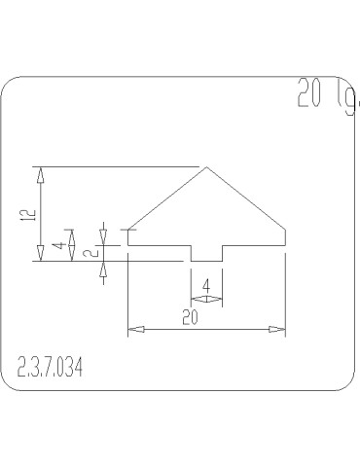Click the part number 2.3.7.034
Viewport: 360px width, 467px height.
pyautogui.click(x=51, y=367)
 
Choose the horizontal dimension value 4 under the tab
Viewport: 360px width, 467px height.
pyautogui.click(x=207, y=285)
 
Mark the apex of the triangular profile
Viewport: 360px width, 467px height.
pyautogui.click(x=206, y=167)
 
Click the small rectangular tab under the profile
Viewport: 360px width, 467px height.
pyautogui.click(x=206, y=253)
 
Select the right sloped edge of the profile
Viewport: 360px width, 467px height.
pyautogui.click(x=246, y=198)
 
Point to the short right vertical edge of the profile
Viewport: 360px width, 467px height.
pyautogui.click(x=285, y=237)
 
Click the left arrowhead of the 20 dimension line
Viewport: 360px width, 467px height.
pyautogui.click(x=133, y=331)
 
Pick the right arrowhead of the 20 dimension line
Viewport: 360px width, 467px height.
pyautogui.click(x=280, y=331)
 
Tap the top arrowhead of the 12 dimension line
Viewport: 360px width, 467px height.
pyautogui.click(x=40, y=172)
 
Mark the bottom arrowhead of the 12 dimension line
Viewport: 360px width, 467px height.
pyautogui.click(x=40, y=256)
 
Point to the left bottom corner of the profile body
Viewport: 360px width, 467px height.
pyautogui.click(x=128, y=245)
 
